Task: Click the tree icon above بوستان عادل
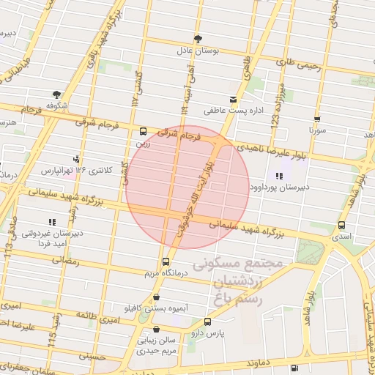point(198,39)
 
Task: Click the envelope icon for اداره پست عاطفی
point(234,99)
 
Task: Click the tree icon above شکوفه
point(56,94)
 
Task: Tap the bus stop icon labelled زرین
point(143,132)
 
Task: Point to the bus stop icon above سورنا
point(317,118)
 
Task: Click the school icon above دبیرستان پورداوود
point(279,176)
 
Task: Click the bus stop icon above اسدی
point(341,225)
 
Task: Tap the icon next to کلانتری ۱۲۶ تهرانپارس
point(76,159)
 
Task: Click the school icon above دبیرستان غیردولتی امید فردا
point(51,221)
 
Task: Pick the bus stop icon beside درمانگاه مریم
point(166,261)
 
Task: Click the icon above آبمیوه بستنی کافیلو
point(157,297)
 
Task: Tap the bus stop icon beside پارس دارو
point(207,322)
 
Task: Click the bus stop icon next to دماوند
point(294,368)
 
